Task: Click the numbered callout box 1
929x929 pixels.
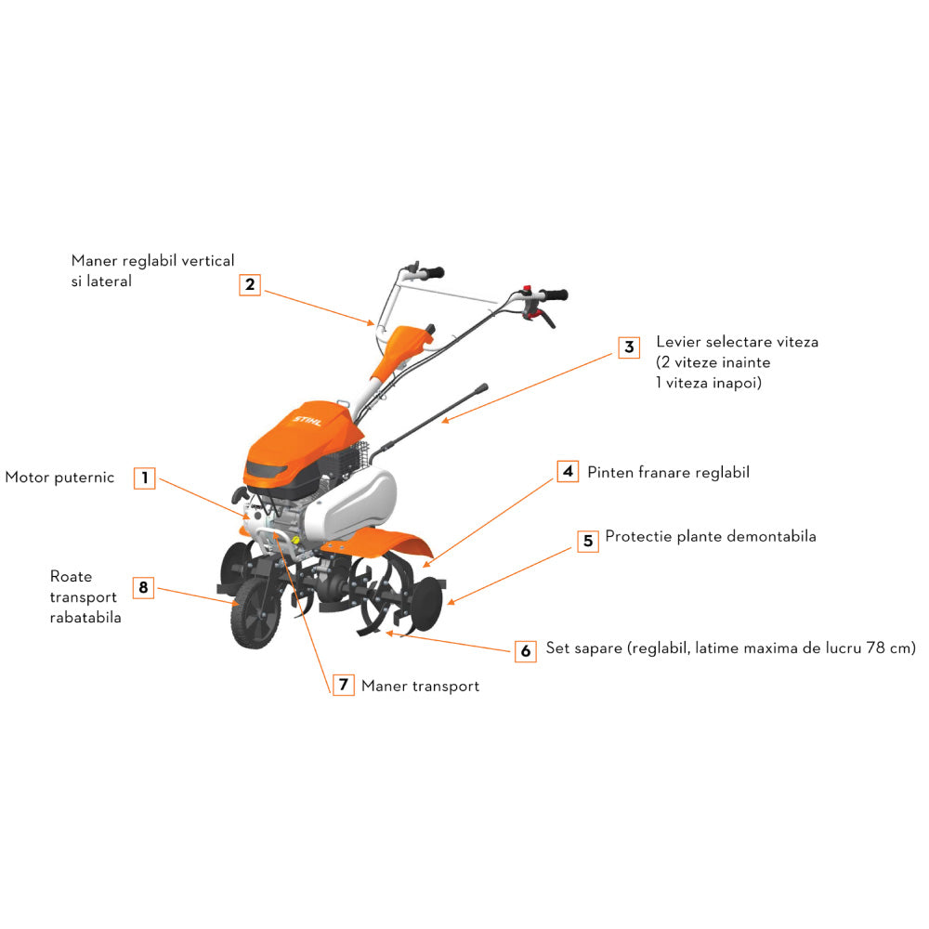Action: coord(144,478)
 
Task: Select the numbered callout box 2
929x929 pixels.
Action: coord(249,284)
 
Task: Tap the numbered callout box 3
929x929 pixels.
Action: coord(629,347)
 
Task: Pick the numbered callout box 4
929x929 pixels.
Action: coord(569,472)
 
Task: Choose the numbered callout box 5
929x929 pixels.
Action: coord(588,541)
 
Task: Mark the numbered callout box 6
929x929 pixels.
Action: coord(526,650)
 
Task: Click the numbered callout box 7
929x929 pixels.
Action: coord(343,685)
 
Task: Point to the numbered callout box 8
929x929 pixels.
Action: coord(143,587)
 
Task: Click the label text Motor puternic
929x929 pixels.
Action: coord(59,478)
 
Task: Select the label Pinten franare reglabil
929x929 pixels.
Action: coord(668,472)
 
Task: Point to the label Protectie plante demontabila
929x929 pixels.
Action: coord(711,536)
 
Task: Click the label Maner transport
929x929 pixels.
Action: coord(420,686)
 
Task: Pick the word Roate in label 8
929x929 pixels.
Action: coord(72,577)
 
